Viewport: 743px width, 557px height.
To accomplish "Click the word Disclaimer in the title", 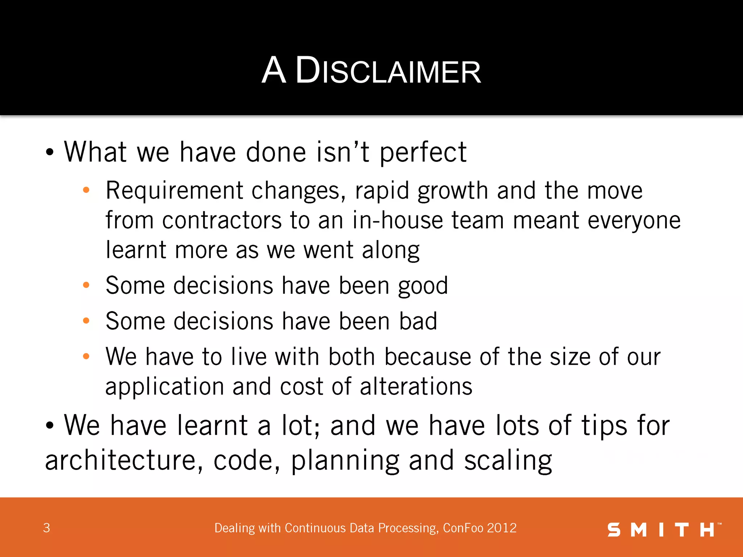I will tap(388, 71).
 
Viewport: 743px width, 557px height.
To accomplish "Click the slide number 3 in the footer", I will tap(46, 528).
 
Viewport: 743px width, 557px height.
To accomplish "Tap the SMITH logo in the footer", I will tap(664, 530).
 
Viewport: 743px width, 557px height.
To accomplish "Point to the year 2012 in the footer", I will tap(502, 528).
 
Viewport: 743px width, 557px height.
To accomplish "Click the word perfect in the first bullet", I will tap(423, 152).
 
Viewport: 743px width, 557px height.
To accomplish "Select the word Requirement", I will tap(175, 191).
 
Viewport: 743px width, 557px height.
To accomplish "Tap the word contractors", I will tap(222, 220).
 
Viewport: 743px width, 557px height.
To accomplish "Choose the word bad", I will tap(418, 321).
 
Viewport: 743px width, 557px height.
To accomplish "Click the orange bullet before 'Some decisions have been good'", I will tap(86, 285).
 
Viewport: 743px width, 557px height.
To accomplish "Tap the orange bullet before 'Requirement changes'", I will tap(86, 190).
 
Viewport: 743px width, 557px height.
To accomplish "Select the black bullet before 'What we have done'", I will tap(50, 152).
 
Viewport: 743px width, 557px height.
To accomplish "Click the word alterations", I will tap(416, 387).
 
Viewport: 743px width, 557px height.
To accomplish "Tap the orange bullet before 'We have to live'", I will tap(86, 356).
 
